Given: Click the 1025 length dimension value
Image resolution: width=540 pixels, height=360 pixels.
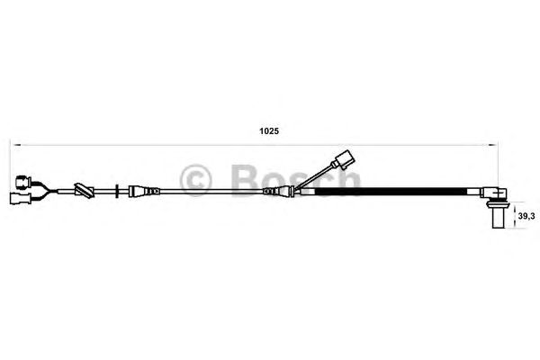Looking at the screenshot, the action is [x=269, y=131].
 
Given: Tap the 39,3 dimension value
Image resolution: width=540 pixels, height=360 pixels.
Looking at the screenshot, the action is [x=526, y=216].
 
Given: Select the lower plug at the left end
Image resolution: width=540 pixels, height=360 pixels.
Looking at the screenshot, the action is [x=21, y=199].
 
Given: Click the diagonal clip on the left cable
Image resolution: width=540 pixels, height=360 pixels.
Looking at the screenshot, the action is [x=85, y=191].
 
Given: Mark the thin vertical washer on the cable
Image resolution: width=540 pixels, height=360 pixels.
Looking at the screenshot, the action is [x=117, y=191].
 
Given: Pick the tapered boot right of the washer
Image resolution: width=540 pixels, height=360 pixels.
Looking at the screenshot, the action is [x=144, y=191].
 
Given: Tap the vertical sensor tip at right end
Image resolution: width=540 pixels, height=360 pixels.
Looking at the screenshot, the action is [x=499, y=219].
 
